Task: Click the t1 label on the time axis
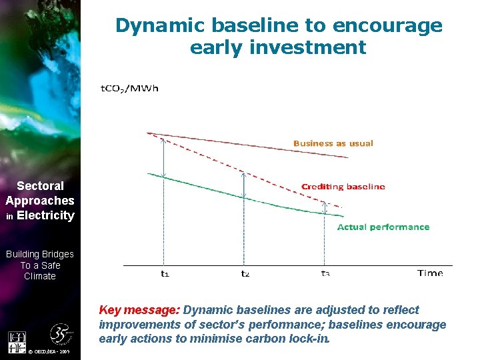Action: [x=165, y=273]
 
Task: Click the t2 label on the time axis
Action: [x=245, y=273]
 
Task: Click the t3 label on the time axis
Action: [x=325, y=273]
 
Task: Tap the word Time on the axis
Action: [x=430, y=273]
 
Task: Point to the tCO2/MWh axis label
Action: [x=129, y=89]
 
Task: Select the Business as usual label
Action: [x=333, y=143]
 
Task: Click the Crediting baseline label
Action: [x=343, y=187]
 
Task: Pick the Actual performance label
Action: [x=383, y=227]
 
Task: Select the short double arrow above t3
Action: [x=325, y=207]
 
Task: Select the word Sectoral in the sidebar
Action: [x=40, y=186]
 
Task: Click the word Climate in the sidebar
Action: [x=40, y=276]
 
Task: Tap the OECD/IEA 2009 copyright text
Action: [x=51, y=351]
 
